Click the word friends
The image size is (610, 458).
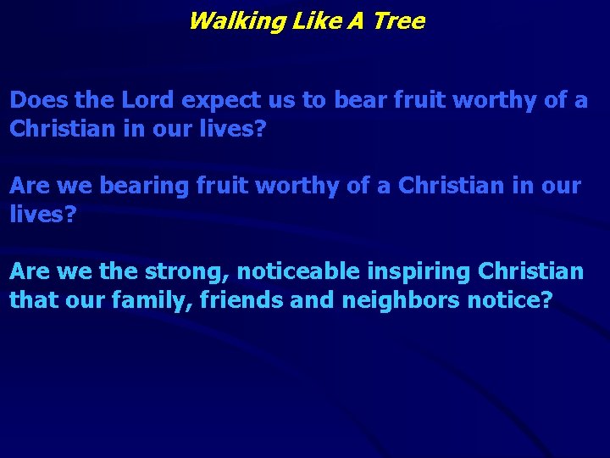252,300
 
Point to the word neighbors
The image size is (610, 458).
405,301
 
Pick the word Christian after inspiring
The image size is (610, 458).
531,271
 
